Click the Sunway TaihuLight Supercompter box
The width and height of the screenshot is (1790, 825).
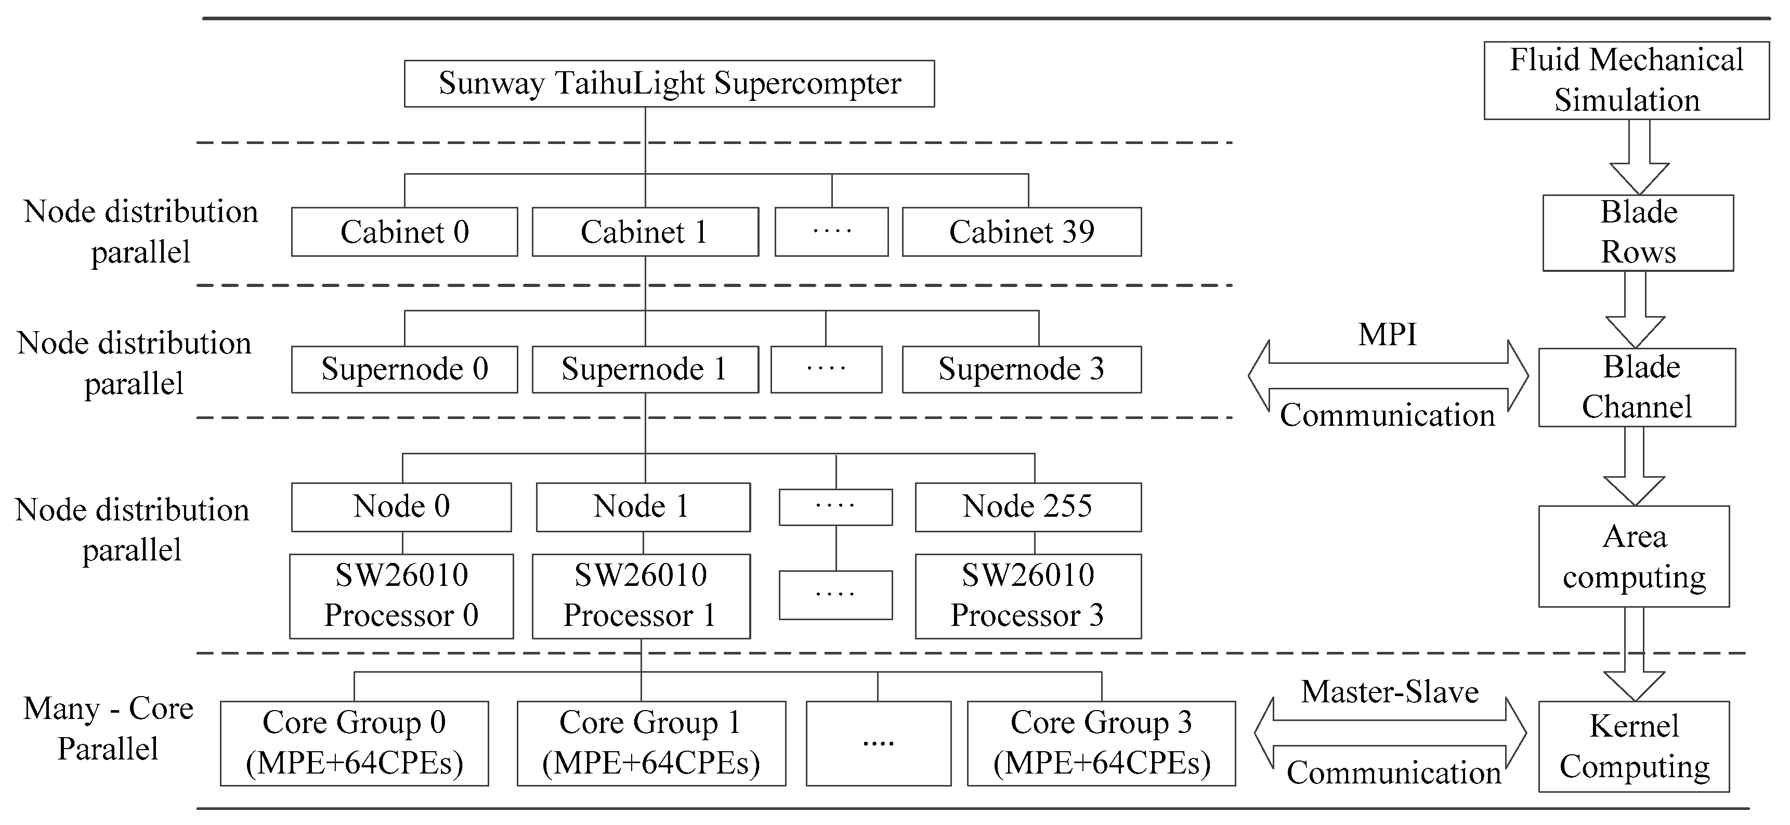pos(669,83)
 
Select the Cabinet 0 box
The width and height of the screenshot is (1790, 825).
pos(404,231)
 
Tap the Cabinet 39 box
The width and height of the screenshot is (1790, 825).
pos(1022,231)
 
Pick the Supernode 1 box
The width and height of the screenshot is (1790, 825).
pos(645,369)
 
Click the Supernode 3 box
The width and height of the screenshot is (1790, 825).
pos(1022,369)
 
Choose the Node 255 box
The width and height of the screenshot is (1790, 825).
pos(1028,507)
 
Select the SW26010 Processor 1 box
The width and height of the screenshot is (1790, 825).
pos(641,596)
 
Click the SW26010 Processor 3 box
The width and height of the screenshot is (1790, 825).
pos(1028,596)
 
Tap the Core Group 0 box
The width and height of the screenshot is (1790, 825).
pos(355,743)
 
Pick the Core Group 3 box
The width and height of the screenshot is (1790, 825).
pos(1101,743)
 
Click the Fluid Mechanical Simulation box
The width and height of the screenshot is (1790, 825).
pos(1626,80)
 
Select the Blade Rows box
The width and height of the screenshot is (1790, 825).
pos(1638,232)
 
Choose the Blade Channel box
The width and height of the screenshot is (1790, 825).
pos(1637,387)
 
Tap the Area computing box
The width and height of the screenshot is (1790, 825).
pos(1634,556)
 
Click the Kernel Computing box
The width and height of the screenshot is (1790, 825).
pos(1634,746)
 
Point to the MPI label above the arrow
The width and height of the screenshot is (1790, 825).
pos(1387,335)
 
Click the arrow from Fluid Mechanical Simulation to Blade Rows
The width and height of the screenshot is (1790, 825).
pos(1639,159)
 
